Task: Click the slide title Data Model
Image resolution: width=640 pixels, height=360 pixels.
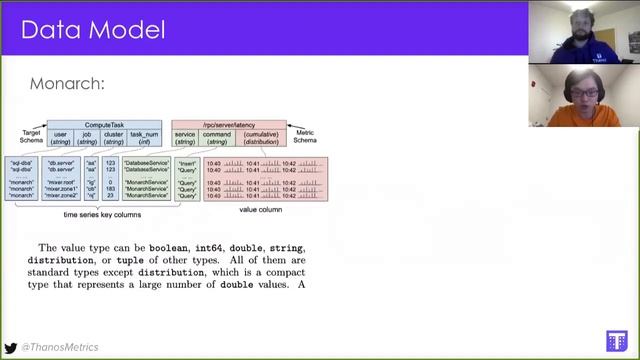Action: [93, 29]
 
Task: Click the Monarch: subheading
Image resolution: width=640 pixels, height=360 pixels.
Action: [67, 84]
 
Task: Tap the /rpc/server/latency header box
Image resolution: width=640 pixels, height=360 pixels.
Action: [228, 125]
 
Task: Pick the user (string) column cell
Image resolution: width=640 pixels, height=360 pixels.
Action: [60, 139]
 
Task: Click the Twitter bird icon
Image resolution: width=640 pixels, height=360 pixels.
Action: [10, 345]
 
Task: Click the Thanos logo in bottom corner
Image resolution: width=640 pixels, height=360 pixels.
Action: [616, 340]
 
